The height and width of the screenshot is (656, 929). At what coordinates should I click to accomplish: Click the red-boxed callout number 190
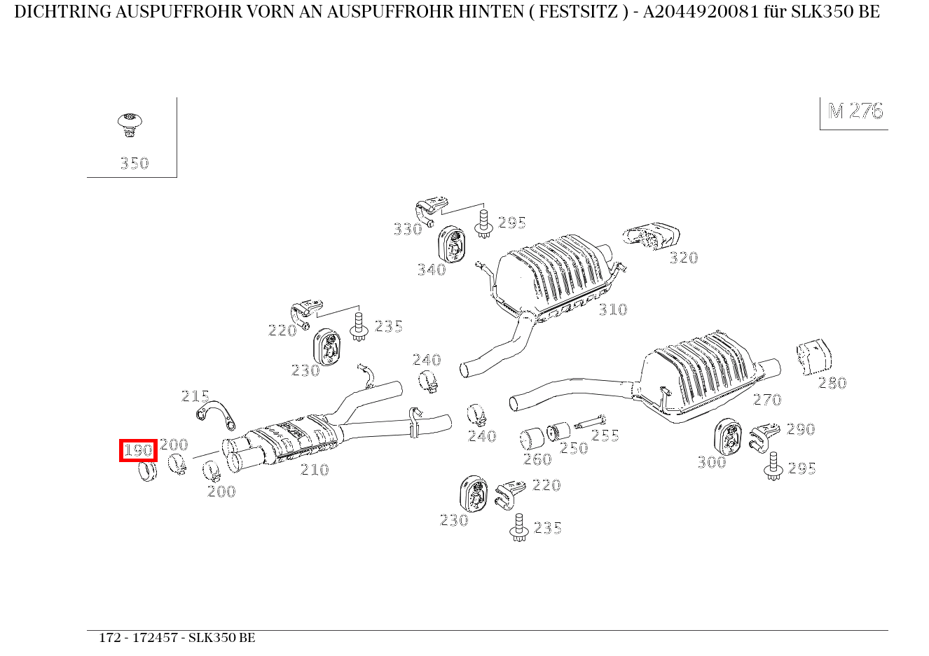tap(138, 450)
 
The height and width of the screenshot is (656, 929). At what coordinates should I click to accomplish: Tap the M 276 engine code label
tap(855, 111)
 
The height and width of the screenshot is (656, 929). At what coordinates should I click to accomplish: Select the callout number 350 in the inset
tap(134, 164)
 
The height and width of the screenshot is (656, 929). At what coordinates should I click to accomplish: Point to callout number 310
tap(613, 309)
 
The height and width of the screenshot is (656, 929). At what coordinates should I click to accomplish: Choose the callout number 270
tap(766, 400)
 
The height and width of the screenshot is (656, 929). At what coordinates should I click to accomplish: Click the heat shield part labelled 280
tap(813, 357)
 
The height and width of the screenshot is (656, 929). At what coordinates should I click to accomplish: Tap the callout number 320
tap(683, 258)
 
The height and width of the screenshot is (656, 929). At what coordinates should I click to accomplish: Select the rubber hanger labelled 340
tap(452, 246)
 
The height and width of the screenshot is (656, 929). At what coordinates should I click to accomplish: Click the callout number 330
tap(407, 229)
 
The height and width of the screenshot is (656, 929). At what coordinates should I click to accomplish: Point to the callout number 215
tap(195, 396)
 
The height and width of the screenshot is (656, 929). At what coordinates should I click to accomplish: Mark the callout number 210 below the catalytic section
tap(315, 470)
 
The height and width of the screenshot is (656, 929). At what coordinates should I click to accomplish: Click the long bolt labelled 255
tap(589, 424)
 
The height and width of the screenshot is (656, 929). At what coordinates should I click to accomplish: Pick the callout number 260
tap(537, 459)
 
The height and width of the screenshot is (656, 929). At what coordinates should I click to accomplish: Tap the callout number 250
tap(574, 448)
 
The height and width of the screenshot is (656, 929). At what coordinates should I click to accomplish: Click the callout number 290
tap(800, 429)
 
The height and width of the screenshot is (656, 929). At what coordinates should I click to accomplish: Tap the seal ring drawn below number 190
tap(147, 471)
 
